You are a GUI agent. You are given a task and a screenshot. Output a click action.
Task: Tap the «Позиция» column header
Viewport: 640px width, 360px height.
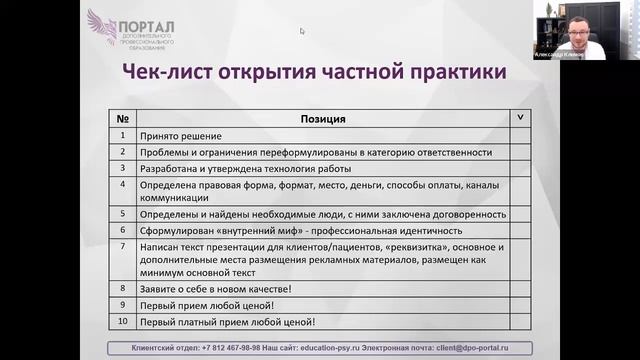tap(323, 119)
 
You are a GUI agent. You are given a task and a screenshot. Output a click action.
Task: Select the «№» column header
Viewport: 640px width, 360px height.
tap(121, 119)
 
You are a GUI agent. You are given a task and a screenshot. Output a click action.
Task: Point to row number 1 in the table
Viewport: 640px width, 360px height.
tap(121, 136)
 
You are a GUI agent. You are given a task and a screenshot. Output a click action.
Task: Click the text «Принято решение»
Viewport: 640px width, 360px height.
tap(181, 136)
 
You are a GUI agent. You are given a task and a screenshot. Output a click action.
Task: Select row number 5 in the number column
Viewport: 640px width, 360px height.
tap(121, 213)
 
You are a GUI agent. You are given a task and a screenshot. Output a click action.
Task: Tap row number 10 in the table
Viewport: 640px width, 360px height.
tap(122, 321)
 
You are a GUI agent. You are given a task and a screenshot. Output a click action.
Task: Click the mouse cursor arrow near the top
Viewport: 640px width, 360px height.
tap(302, 30)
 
